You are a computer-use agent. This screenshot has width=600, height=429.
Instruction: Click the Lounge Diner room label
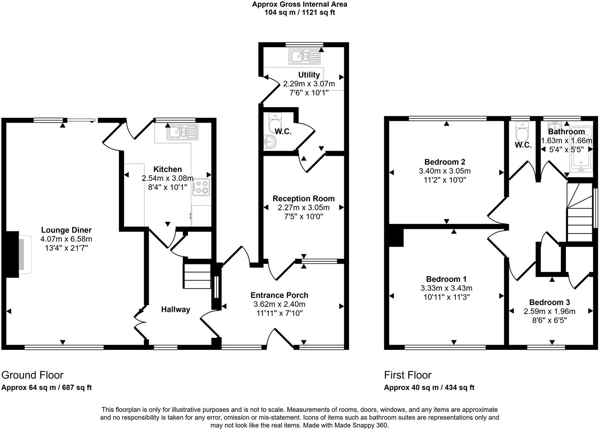tap(66, 230)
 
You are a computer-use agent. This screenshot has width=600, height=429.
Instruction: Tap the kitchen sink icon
tap(182, 132)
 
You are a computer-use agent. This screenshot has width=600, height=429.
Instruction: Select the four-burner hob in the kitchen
tap(202, 187)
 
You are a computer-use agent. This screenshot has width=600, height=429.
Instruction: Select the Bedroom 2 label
tap(444, 162)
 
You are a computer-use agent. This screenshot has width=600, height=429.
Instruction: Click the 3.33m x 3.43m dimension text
tap(446, 288)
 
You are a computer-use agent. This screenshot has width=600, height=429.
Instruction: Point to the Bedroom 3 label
tap(549, 302)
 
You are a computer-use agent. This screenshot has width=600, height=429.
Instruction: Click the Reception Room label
tap(303, 198)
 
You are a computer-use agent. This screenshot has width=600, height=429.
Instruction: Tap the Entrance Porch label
tap(279, 295)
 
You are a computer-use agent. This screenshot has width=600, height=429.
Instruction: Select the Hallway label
tap(175, 309)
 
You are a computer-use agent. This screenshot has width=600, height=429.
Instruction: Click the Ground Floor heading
tap(32, 375)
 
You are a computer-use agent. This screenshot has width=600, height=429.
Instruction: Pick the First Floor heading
tap(407, 375)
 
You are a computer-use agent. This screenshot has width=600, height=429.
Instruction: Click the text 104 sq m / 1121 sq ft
tap(300, 12)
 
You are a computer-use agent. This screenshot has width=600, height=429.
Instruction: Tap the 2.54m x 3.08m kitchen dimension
tap(167, 178)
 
